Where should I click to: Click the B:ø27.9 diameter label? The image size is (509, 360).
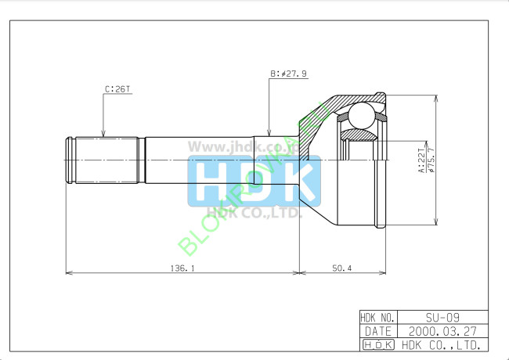[x=288, y=74]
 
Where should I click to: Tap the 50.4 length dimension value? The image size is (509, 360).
[x=341, y=268]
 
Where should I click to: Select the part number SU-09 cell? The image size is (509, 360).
[x=442, y=317]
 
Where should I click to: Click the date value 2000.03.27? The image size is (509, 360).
[x=442, y=330]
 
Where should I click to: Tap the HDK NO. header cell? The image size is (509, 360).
[x=378, y=317]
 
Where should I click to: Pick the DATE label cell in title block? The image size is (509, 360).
[x=378, y=330]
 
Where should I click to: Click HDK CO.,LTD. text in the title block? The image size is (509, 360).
[x=442, y=344]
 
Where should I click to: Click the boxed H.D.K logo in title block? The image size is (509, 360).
[x=378, y=344]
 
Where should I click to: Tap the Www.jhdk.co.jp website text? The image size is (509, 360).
[x=235, y=146]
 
